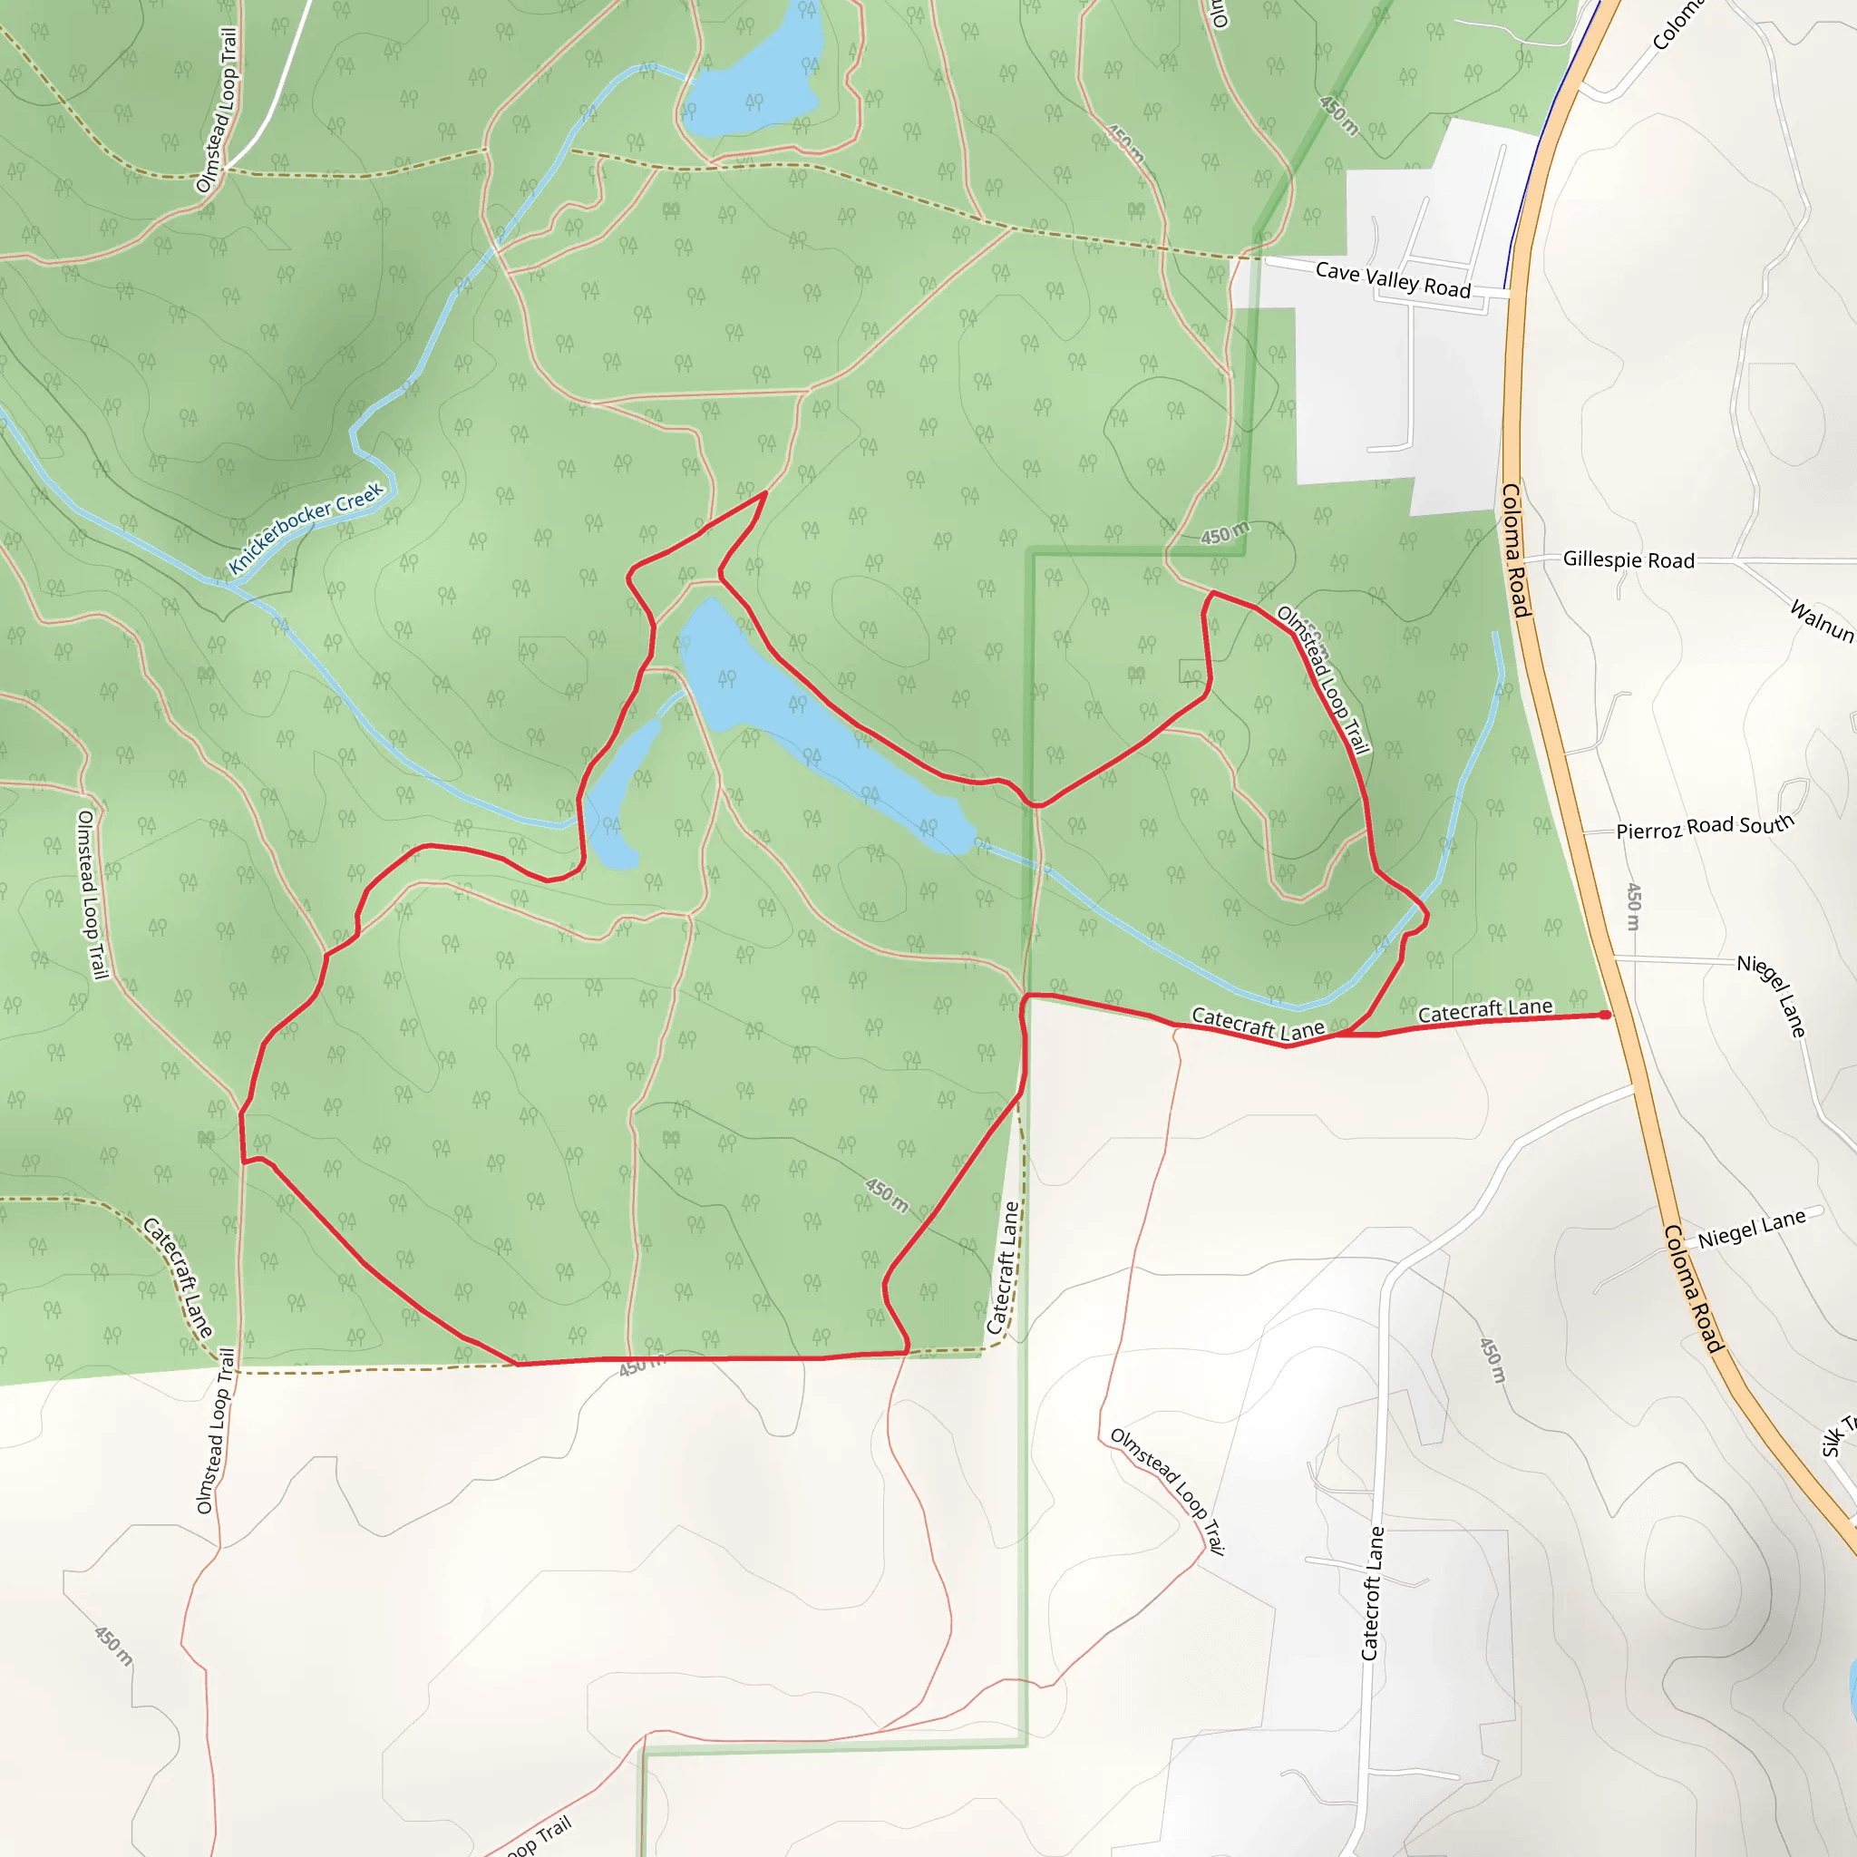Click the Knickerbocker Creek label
306,528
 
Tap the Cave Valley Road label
1393,279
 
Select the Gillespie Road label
1629,559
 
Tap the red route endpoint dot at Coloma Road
1605,1015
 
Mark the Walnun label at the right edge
1822,620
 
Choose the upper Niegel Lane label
1771,996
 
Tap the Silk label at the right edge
1838,1437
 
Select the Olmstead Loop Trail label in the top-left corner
217,110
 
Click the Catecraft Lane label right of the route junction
1485,1010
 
